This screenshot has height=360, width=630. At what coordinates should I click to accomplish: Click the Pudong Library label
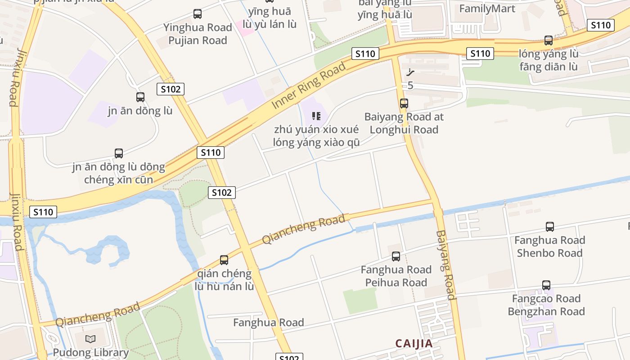pos(91,352)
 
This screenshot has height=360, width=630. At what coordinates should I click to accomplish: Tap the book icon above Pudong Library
pos(90,339)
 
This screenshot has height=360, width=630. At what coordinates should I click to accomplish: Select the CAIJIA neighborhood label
pos(414,343)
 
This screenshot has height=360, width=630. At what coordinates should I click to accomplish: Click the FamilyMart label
pos(487,9)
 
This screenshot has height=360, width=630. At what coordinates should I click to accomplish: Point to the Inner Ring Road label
pos(309,85)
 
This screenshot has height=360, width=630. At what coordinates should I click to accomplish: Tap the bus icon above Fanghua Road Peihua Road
pos(396,256)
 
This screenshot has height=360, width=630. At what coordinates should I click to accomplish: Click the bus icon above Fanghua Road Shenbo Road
pos(549,227)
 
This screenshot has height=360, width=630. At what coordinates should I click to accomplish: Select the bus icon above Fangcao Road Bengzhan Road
pos(546,285)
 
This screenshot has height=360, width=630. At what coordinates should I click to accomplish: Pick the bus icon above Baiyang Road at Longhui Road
pos(404,103)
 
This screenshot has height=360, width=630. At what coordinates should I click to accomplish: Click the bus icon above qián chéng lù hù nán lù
pos(224,260)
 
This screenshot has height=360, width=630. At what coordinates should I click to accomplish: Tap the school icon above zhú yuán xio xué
pos(316,116)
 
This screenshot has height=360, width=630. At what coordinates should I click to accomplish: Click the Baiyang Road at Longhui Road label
pos(404,123)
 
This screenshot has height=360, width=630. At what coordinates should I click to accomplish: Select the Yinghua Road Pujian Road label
pos(198,34)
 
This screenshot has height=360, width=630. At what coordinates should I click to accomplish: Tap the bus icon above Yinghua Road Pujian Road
pos(198,14)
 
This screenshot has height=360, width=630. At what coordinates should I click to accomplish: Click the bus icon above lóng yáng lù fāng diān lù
pos(549,40)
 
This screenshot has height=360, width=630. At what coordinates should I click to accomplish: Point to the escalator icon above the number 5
pos(410,72)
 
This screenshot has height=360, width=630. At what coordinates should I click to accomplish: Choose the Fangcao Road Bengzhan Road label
pos(546,305)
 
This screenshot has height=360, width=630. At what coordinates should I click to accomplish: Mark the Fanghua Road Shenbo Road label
pos(549,247)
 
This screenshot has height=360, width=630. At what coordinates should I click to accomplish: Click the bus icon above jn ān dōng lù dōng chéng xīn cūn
pos(119,153)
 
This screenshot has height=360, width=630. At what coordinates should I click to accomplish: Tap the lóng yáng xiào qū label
pos(316,143)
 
